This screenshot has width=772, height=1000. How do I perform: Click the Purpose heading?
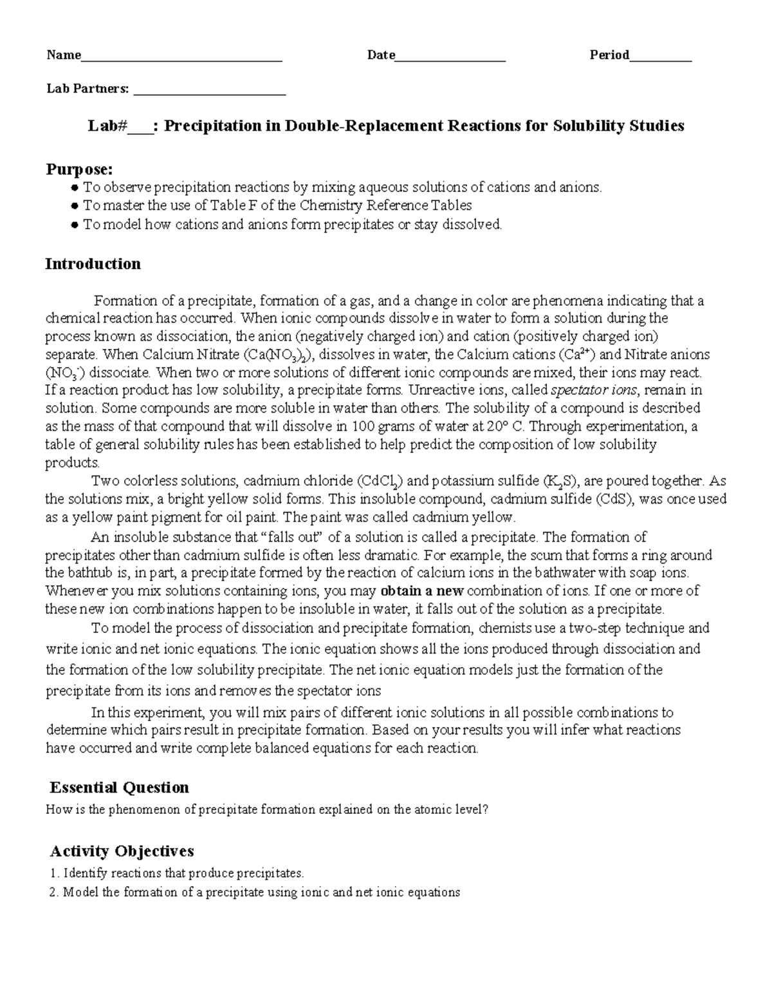79,169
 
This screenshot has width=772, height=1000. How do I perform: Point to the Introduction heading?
93,264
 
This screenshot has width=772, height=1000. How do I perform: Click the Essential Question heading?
119,788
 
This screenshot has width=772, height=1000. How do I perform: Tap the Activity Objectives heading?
122,851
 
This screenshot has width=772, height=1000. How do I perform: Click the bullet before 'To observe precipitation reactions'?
75,188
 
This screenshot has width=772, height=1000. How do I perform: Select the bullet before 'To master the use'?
75,206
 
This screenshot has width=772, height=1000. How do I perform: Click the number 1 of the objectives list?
53,874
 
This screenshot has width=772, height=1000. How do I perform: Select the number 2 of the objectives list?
53,892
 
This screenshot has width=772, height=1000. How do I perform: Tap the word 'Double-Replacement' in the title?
364,126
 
